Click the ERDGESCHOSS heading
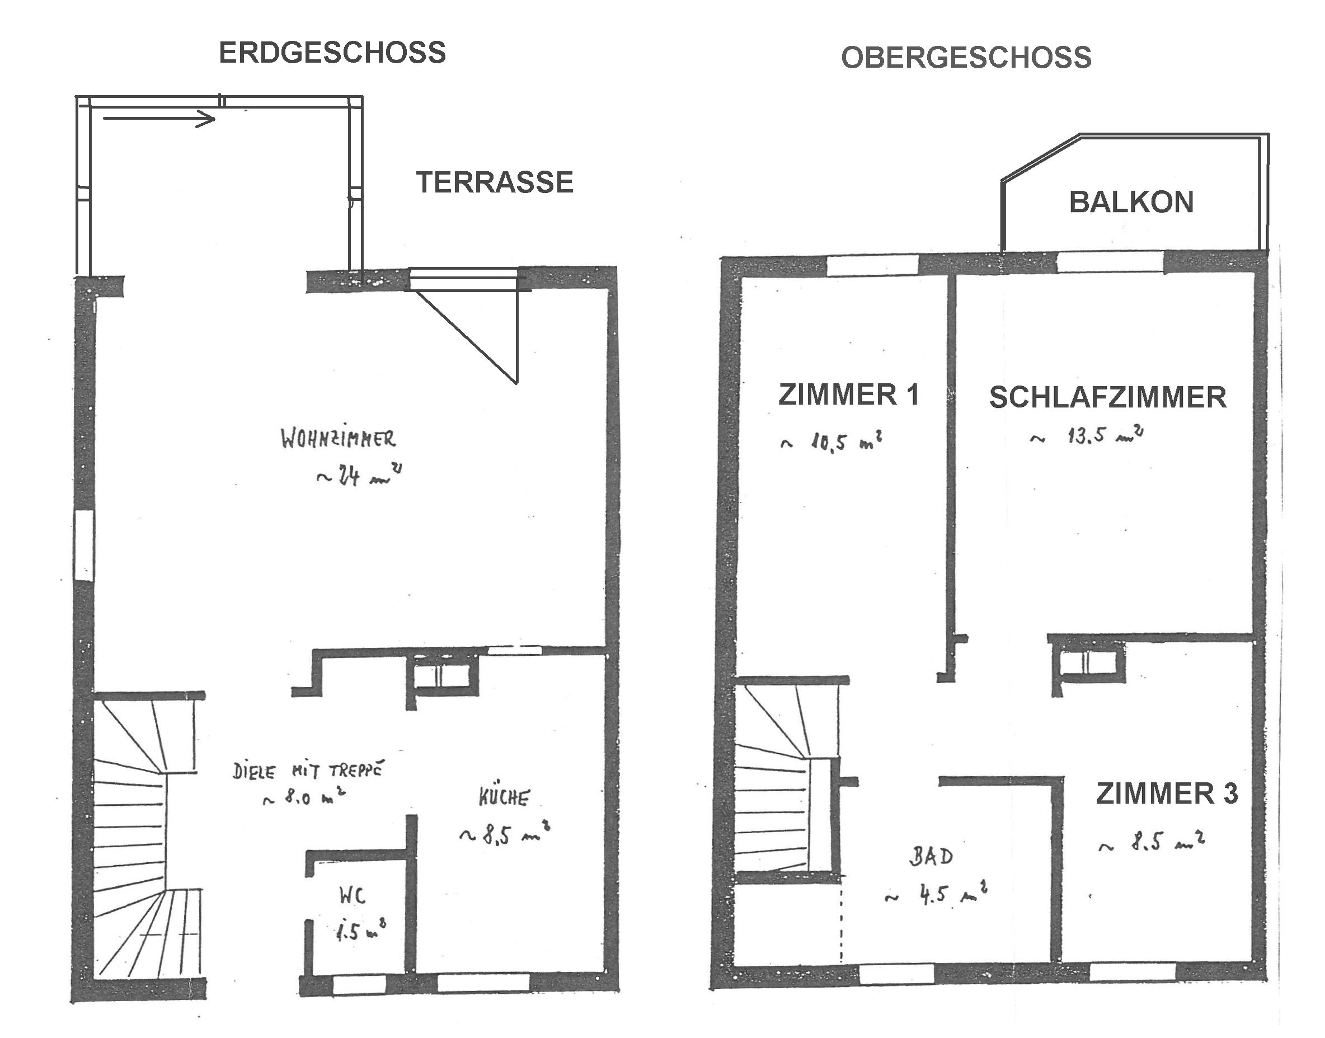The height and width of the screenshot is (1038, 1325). [x=332, y=53]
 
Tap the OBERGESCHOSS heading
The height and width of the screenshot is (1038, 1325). [x=966, y=58]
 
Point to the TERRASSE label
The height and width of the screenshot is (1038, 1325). [x=495, y=182]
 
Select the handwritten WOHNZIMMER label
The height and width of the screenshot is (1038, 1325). [x=338, y=439]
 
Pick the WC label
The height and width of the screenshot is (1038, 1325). [x=353, y=895]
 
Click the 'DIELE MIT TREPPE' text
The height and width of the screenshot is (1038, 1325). [x=308, y=771]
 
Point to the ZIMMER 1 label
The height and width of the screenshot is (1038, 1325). [x=849, y=395]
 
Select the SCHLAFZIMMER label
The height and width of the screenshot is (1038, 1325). [x=1108, y=397]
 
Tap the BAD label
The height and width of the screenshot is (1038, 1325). [x=931, y=856]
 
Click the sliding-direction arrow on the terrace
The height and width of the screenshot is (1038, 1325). [x=159, y=118]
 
